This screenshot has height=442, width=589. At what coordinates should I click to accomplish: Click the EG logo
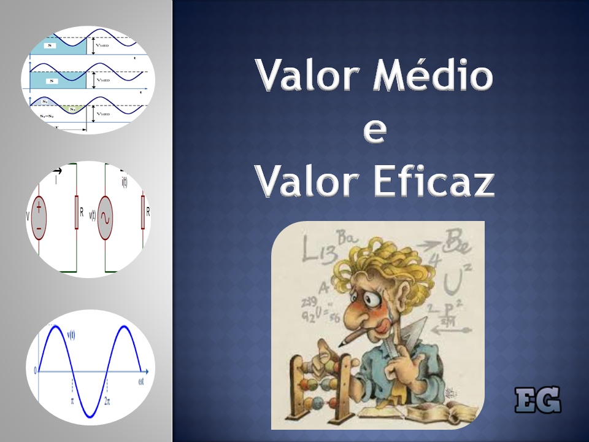click(x=537, y=400)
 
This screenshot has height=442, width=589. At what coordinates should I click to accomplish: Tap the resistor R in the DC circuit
click(x=77, y=212)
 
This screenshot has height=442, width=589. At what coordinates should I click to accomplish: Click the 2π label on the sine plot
click(x=107, y=400)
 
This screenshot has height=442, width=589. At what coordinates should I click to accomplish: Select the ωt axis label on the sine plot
click(x=141, y=383)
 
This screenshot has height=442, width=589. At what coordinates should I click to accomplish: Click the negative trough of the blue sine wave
click(x=91, y=416)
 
